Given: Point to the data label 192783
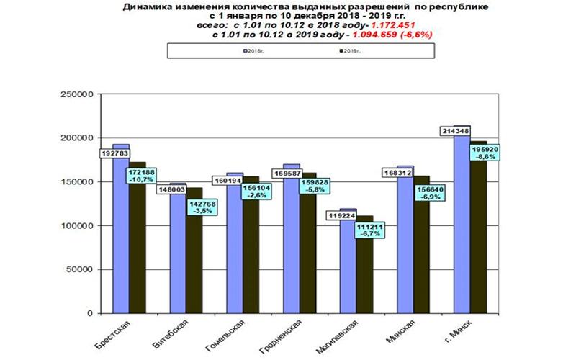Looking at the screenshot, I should click(x=115, y=154).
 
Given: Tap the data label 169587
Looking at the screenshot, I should click(x=287, y=174).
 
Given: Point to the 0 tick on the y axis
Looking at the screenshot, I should click(x=91, y=314).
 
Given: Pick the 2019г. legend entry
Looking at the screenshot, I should click(x=348, y=51).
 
